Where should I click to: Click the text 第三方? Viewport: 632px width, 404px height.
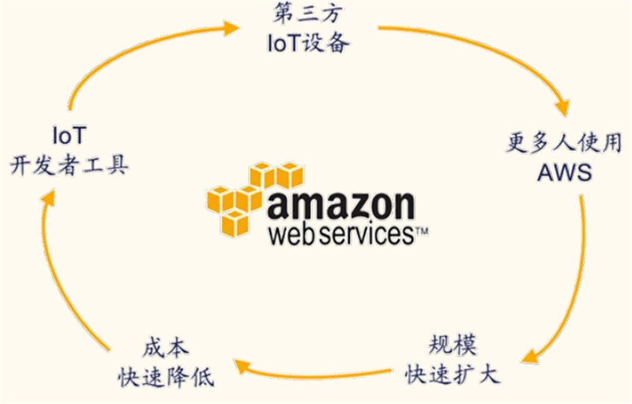click(x=307, y=13)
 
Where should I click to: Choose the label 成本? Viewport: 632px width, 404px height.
click(x=167, y=345)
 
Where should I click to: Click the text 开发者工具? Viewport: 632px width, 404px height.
click(x=70, y=166)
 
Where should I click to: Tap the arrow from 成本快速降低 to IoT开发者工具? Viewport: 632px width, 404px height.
click(x=63, y=277)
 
